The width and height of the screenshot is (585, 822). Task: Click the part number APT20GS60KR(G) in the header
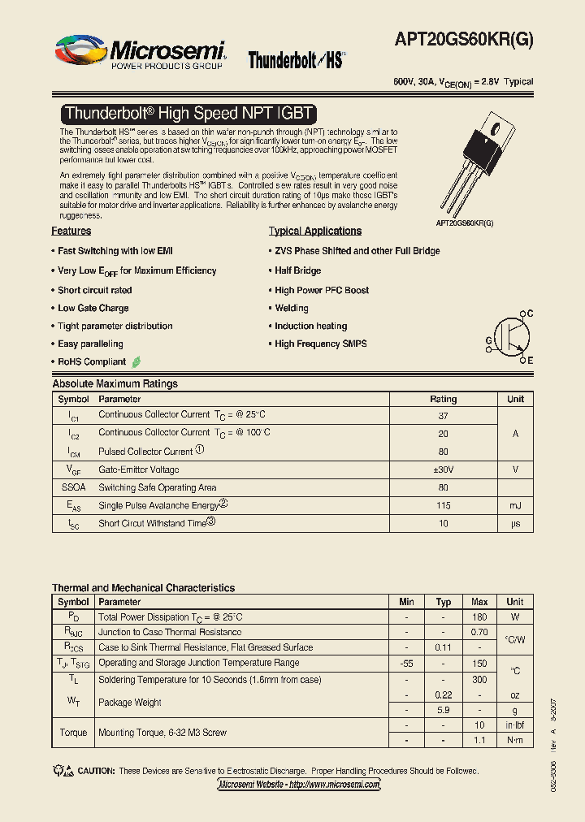pyautogui.click(x=464, y=40)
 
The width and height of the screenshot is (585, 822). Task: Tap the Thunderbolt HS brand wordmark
pyautogui.click(x=297, y=60)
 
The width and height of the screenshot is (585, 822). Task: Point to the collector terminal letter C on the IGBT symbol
pyautogui.click(x=530, y=314)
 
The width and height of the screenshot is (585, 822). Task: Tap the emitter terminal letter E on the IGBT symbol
pyautogui.click(x=530, y=360)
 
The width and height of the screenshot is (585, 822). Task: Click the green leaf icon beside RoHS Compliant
pyautogui.click(x=136, y=361)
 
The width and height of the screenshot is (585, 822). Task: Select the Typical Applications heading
pyautogui.click(x=315, y=231)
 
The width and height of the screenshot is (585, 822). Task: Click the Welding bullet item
pyautogui.click(x=291, y=308)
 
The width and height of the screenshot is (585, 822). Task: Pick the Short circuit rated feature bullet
pyautogui.click(x=94, y=290)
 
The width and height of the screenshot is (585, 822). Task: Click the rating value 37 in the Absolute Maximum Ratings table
pyautogui.click(x=443, y=415)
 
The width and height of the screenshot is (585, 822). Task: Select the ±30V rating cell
pyautogui.click(x=443, y=469)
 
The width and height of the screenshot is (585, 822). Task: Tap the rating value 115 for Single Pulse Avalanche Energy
pyautogui.click(x=443, y=505)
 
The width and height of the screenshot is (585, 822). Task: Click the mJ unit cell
pyautogui.click(x=515, y=505)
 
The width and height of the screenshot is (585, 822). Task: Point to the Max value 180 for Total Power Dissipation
pyautogui.click(x=479, y=617)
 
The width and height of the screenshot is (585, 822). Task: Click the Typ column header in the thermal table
pyautogui.click(x=443, y=602)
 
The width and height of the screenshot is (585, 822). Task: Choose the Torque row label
pyautogui.click(x=73, y=733)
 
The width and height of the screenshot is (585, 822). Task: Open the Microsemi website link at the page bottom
pyautogui.click(x=299, y=785)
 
